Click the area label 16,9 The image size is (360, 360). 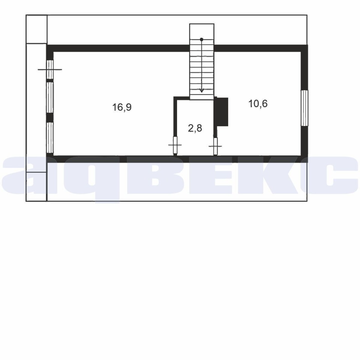(x=122, y=107)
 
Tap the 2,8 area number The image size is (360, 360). (x=195, y=128)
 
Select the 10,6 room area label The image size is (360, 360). (x=258, y=103)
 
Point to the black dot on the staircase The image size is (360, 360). (x=202, y=39)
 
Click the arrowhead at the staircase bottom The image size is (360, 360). (x=202, y=90)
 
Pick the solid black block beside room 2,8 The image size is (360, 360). (x=221, y=112)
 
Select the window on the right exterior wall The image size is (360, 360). (x=304, y=108)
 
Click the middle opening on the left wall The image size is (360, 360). (x=50, y=97)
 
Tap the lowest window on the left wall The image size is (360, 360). (x=50, y=138)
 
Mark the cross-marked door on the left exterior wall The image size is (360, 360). (x=50, y=69)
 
